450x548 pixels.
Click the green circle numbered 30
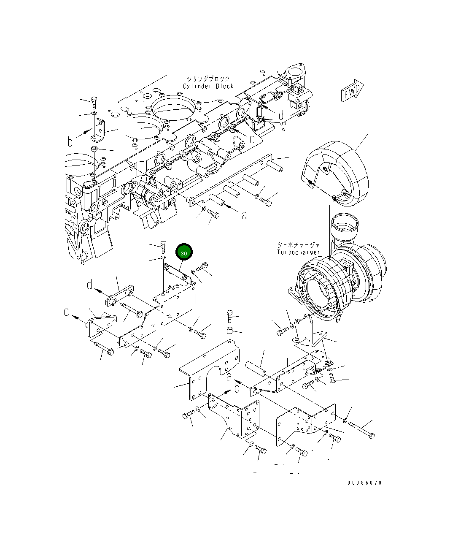pyautogui.click(x=184, y=252)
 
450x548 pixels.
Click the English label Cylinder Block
pyautogui.click(x=208, y=86)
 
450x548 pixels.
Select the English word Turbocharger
pyautogui.click(x=298, y=252)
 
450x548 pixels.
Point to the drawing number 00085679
pyautogui.click(x=364, y=483)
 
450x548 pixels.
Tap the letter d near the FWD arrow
pyautogui.click(x=281, y=115)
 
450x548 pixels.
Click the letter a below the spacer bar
pyautogui.click(x=244, y=215)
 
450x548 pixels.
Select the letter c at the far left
pyautogui.click(x=67, y=312)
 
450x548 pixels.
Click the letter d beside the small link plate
pyautogui.click(x=89, y=285)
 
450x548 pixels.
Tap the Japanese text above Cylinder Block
pyautogui.click(x=208, y=79)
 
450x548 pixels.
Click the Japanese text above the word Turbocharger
pyautogui.click(x=298, y=244)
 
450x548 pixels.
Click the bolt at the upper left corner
pyautogui.click(x=94, y=101)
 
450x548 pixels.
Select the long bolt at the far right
pyautogui.click(x=361, y=431)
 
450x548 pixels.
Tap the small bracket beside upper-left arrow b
pyautogui.click(x=99, y=130)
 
